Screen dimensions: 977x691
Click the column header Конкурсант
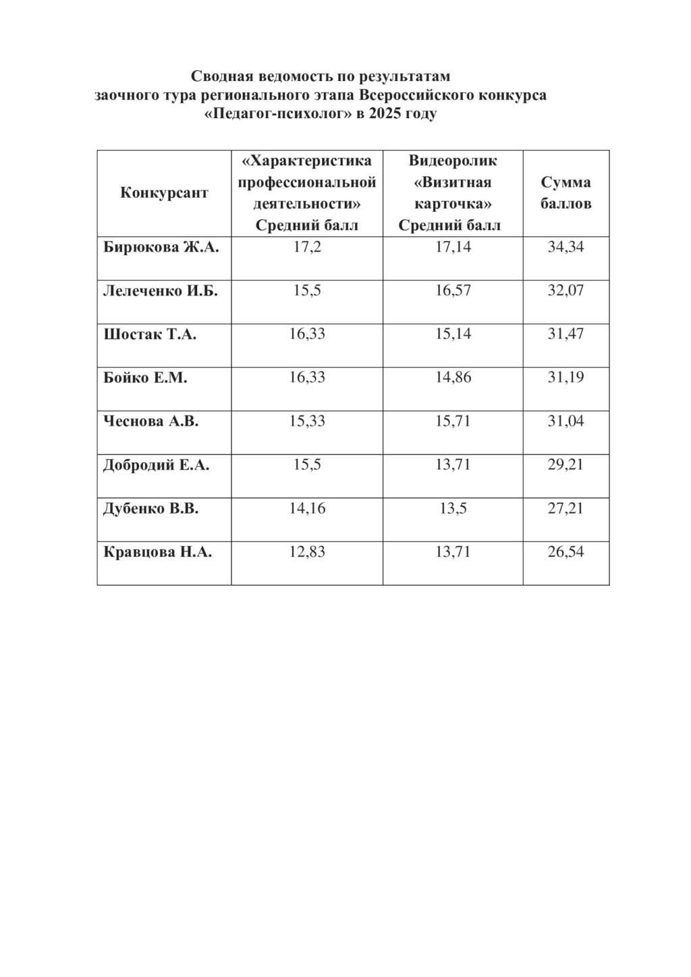(164, 193)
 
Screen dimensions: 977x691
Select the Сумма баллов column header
(565, 193)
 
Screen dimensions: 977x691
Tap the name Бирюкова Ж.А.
(161, 247)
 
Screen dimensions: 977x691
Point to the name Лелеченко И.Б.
(160, 291)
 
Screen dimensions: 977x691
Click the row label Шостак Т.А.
(150, 334)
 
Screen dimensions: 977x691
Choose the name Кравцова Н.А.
(157, 552)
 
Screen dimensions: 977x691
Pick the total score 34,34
(565, 247)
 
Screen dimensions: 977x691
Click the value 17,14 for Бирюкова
(453, 247)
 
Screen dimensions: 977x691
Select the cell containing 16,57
(453, 291)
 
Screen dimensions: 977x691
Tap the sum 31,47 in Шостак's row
(565, 334)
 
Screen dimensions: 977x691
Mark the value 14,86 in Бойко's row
(453, 378)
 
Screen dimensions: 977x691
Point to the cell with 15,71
(453, 421)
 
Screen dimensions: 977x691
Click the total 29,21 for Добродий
(565, 465)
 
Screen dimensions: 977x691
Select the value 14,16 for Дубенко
(307, 508)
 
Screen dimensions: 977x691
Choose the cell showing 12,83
(307, 552)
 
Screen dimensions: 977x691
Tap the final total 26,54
(565, 552)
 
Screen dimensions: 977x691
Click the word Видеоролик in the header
(453, 161)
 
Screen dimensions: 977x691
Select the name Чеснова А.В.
(150, 421)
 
